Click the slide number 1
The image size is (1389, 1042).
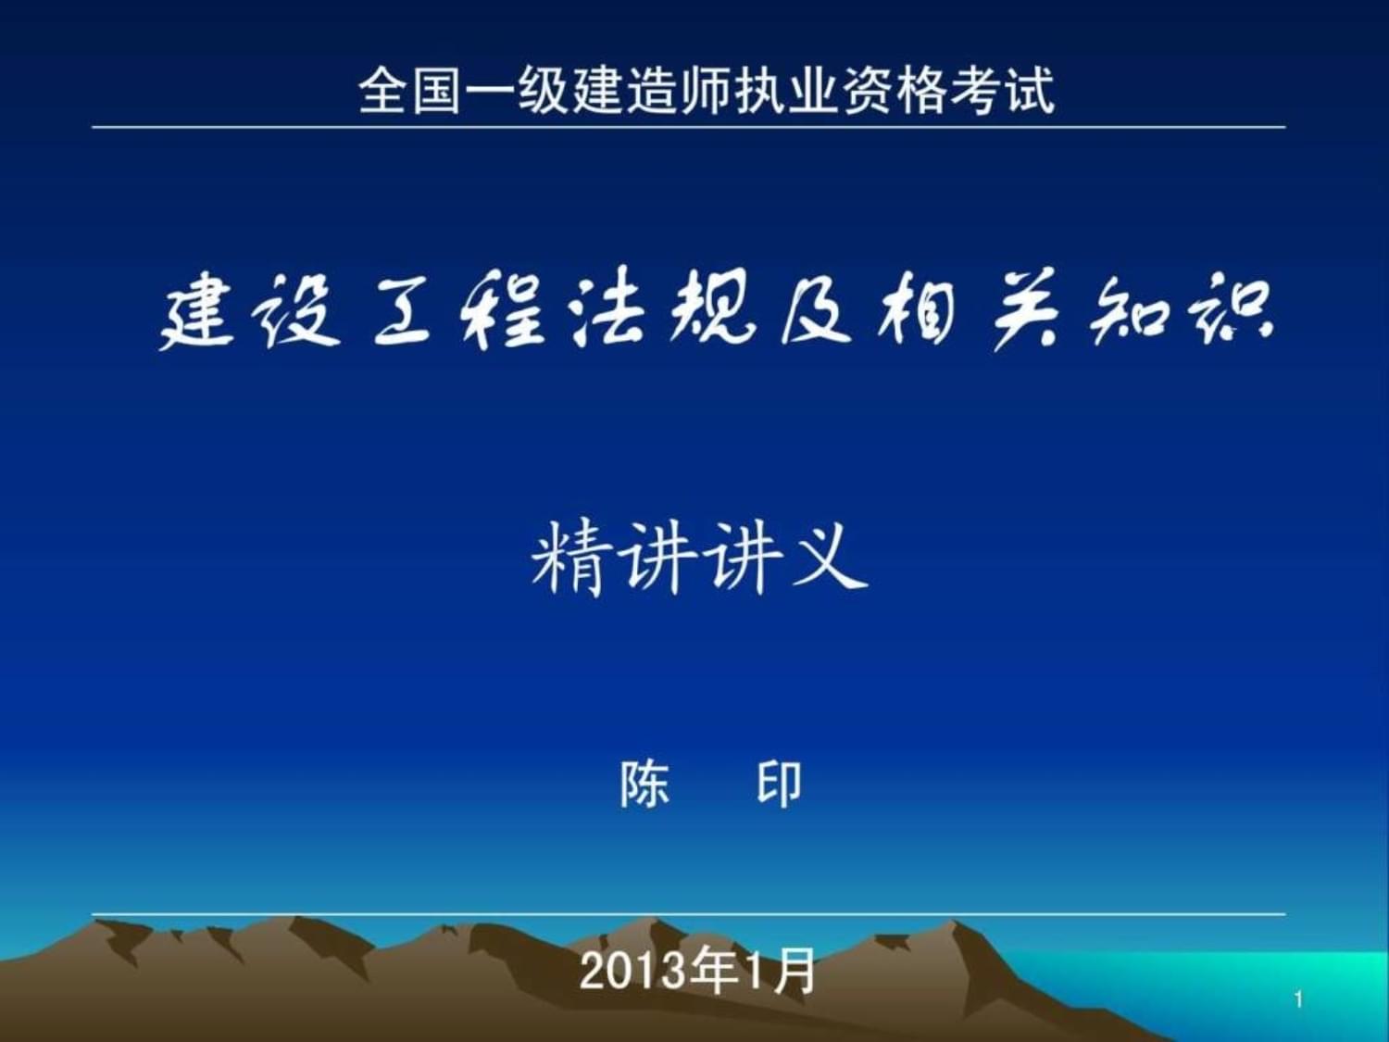point(1298,999)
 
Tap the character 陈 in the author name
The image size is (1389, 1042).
point(644,785)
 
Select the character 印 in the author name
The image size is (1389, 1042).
point(779,785)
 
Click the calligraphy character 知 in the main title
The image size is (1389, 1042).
point(1125,315)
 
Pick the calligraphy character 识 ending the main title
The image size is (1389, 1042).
point(1232,315)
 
